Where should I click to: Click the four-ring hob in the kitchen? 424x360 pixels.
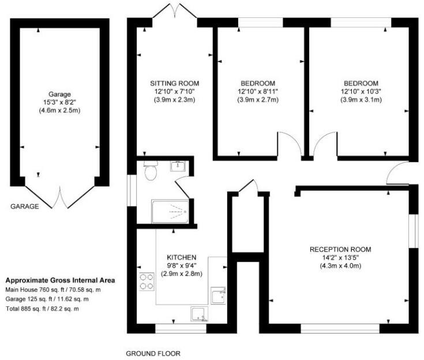click(145, 281)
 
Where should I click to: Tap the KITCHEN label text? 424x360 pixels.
click(182, 257)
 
